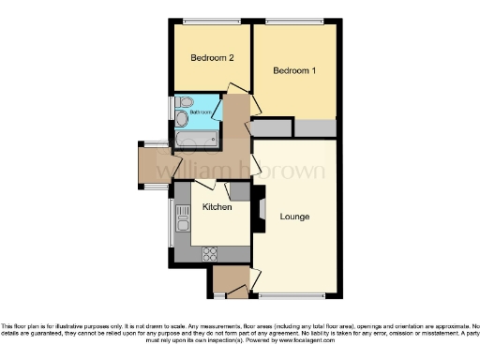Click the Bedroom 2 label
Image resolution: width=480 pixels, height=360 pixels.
[212, 58]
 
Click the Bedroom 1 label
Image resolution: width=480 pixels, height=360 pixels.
[294, 71]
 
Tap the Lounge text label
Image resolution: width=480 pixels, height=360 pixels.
[294, 217]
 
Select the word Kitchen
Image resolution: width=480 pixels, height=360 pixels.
[217, 207]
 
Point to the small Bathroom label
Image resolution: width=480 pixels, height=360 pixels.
[201, 112]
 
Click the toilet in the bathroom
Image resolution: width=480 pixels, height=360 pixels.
[184, 101]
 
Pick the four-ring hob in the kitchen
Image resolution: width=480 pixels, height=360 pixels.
[210, 253]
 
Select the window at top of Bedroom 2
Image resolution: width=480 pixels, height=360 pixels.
[211, 21]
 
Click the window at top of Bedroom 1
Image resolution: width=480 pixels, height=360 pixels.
[293, 21]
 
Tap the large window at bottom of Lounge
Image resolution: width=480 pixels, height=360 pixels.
[294, 295]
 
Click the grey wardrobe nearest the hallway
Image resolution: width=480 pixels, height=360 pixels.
[272, 128]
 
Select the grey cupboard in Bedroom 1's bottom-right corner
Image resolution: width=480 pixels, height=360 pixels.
[316, 128]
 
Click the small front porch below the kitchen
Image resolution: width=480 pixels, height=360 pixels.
[229, 280]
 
